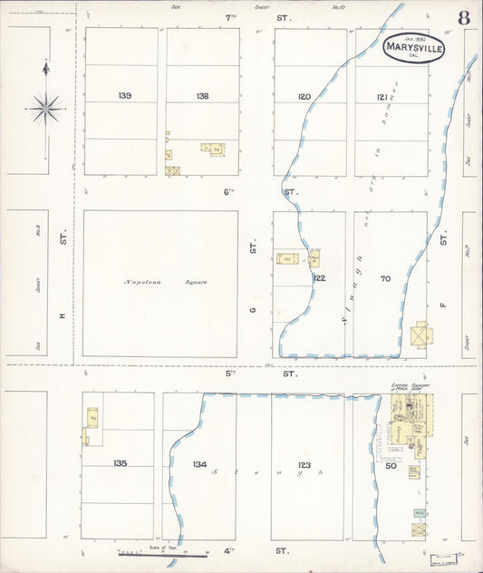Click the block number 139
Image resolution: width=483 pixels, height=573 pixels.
(x=125, y=96)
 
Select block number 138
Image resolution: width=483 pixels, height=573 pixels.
(x=202, y=96)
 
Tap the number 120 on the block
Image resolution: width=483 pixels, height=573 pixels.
(x=304, y=96)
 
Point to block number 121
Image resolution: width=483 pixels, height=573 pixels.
(x=382, y=96)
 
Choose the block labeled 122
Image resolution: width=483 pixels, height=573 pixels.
(x=319, y=278)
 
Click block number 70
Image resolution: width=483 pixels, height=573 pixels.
(x=385, y=278)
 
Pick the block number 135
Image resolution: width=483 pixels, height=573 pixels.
(x=121, y=463)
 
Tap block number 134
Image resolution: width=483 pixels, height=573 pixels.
(x=199, y=464)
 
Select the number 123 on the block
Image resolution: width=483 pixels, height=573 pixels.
(x=304, y=464)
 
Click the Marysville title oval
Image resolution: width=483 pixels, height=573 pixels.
(x=413, y=48)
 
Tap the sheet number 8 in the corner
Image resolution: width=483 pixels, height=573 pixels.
(x=464, y=17)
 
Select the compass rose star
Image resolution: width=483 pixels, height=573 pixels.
(x=45, y=109)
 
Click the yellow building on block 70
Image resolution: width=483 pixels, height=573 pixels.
(x=420, y=335)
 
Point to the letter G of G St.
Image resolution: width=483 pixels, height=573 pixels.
(x=253, y=310)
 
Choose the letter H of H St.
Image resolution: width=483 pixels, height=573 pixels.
(x=63, y=315)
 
